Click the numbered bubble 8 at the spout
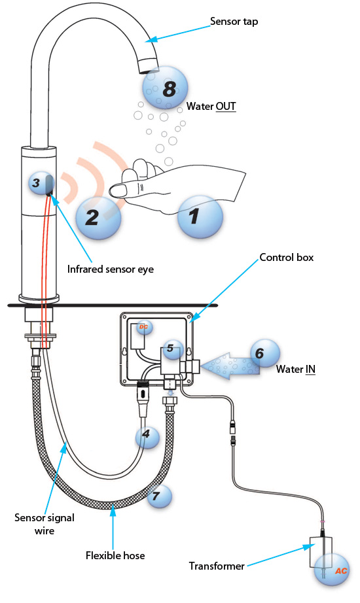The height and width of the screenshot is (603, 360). pyautogui.click(x=168, y=88)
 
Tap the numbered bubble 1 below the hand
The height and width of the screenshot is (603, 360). pyautogui.click(x=200, y=218)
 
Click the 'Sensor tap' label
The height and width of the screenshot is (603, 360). pyautogui.click(x=234, y=21)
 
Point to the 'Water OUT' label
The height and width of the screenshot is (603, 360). pyautogui.click(x=211, y=105)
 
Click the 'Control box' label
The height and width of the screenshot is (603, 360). pyautogui.click(x=287, y=258)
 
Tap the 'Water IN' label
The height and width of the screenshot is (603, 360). pyautogui.click(x=296, y=370)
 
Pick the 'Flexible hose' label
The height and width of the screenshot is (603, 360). pyautogui.click(x=115, y=556)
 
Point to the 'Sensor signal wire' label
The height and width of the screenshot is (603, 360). pyautogui.click(x=44, y=523)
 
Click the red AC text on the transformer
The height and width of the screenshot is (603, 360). pyautogui.click(x=341, y=570)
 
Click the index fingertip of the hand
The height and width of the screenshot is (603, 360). pyautogui.click(x=117, y=190)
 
